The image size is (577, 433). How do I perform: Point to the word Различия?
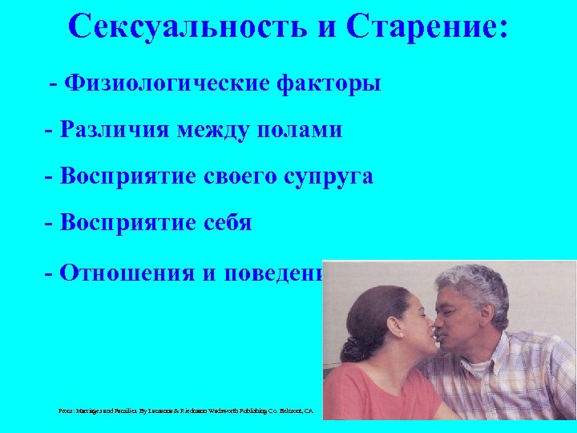coord(115,129)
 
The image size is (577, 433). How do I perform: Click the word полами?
coord(304,129)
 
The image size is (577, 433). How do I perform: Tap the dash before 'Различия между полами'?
coord(50,129)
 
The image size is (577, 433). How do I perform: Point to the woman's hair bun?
coord(353,349)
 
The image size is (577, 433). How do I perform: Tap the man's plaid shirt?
coord(513,385)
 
